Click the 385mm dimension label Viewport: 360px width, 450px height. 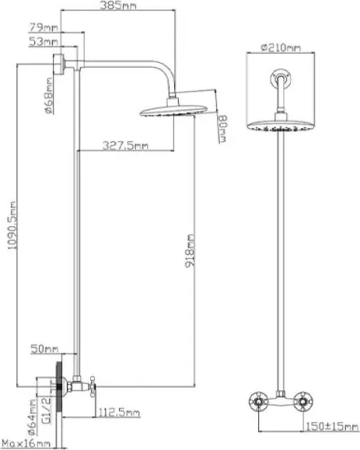coord(118,5)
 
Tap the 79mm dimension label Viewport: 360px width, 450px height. coord(44,27)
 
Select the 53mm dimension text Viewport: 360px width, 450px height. coord(43,42)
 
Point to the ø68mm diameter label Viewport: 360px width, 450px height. coord(49,96)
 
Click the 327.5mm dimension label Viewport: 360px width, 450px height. coord(125,146)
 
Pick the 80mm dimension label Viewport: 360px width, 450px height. coord(222,128)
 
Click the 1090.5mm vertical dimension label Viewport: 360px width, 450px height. coord(12,225)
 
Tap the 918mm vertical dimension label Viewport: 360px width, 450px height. coord(190,251)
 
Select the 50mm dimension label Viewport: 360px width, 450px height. coord(44,349)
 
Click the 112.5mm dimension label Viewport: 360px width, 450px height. coord(119,413)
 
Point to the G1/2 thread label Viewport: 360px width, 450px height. coord(47,410)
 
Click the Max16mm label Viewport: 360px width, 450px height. coord(26,444)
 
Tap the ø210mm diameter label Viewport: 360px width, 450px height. coord(281,47)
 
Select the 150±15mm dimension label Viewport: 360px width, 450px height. coord(332,427)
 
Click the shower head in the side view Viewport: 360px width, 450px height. coord(173,109)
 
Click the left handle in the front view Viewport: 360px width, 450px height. coord(258,401)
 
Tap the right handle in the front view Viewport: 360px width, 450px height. coord(303,401)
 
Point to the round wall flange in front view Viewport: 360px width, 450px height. coord(281,78)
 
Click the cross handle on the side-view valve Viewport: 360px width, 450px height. coord(93,386)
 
